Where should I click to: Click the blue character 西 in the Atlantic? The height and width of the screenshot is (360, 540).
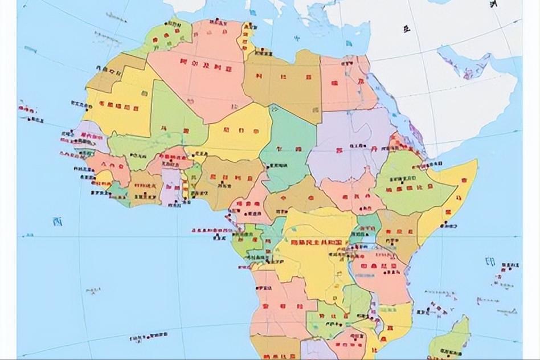tap(56, 221)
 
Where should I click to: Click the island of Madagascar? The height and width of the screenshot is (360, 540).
tap(450, 342)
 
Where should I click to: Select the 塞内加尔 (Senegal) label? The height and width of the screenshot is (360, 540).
tap(91, 137)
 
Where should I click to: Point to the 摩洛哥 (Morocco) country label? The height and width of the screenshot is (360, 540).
tap(167, 36)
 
